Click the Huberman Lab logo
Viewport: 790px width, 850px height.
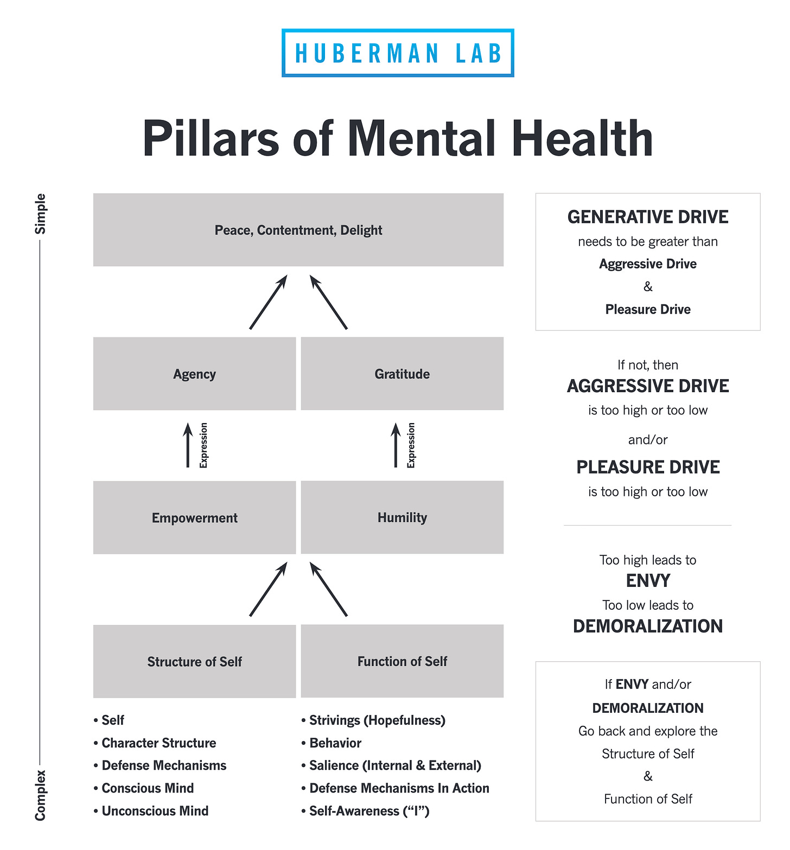point(398,53)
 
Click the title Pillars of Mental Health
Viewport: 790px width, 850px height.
point(397,138)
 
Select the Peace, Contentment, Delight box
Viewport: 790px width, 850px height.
point(298,230)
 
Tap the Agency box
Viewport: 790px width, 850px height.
point(194,374)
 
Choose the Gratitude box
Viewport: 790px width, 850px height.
point(402,374)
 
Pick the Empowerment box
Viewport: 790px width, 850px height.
point(194,517)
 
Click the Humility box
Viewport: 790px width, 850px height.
point(402,517)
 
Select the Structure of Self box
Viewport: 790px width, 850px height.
point(194,661)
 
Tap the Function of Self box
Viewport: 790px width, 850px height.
point(402,661)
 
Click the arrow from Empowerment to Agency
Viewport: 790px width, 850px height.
point(188,445)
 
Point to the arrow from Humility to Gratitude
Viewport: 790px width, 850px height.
point(396,445)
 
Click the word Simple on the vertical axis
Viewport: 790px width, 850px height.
point(41,214)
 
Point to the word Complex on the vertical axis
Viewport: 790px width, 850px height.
point(41,795)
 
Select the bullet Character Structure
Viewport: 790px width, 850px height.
point(158,743)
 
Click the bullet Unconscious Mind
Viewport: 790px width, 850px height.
point(155,811)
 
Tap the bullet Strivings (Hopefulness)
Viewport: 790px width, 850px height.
point(377,720)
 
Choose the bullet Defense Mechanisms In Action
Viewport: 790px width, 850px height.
point(399,788)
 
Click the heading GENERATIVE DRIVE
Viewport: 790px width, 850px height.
point(648,217)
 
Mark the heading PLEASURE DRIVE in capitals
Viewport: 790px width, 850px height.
point(648,467)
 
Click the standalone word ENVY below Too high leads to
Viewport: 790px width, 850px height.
point(648,581)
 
